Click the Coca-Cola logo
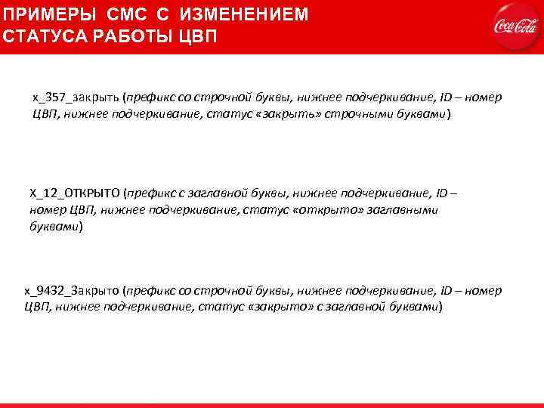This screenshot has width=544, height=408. coord(515,26)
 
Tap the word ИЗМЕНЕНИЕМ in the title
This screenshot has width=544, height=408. coord(240,15)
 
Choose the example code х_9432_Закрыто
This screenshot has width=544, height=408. coord(74,290)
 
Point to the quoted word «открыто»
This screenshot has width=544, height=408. coord(323,209)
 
